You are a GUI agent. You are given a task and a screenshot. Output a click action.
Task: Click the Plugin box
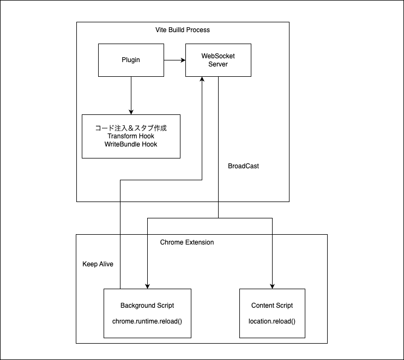130,60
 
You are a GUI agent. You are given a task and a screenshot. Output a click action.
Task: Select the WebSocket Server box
218,60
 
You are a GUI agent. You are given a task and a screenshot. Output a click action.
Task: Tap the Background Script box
147,313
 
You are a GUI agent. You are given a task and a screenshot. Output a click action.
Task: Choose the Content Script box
272,313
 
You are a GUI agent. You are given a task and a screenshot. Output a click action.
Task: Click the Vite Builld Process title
182,29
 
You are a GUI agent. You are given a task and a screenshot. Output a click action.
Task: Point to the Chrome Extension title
187,242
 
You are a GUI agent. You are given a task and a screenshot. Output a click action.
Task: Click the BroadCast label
243,166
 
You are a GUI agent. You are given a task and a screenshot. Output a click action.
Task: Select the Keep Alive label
98,264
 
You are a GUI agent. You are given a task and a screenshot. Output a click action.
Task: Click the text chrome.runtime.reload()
147,321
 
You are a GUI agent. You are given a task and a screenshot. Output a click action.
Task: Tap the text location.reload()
272,321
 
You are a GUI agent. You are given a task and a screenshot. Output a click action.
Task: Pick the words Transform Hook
130,136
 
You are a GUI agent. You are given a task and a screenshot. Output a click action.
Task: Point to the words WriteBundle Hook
130,144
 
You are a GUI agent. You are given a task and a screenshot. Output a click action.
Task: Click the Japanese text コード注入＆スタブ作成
130,128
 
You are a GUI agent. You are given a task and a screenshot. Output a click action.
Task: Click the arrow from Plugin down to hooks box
131,95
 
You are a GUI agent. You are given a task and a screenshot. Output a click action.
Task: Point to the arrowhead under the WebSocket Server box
202,80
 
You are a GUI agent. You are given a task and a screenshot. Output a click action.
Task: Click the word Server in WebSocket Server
218,64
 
